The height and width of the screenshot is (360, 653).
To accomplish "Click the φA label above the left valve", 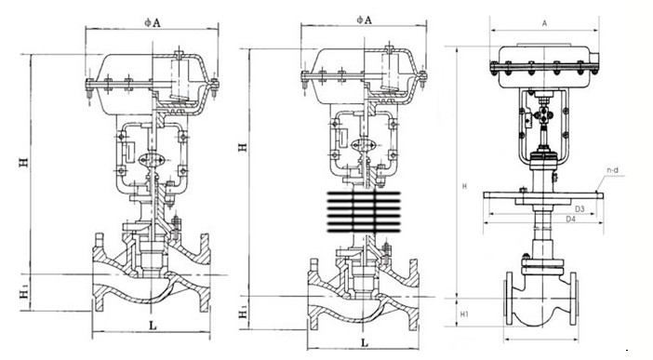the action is (x=153, y=22).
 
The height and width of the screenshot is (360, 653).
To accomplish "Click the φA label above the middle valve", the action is (x=364, y=20).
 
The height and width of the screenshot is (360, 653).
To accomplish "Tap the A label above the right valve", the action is (x=544, y=24).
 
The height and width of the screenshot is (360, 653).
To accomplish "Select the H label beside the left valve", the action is (x=24, y=161).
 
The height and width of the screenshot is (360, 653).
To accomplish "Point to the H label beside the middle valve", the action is (x=243, y=147).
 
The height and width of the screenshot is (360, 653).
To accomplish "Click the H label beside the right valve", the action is (x=465, y=187).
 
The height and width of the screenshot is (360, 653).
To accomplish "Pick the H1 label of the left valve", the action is (x=25, y=294).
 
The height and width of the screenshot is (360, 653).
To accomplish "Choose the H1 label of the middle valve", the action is (x=243, y=313).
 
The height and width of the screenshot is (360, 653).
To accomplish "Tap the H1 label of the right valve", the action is (x=465, y=314).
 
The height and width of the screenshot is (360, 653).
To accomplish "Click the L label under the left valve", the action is (x=153, y=325).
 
